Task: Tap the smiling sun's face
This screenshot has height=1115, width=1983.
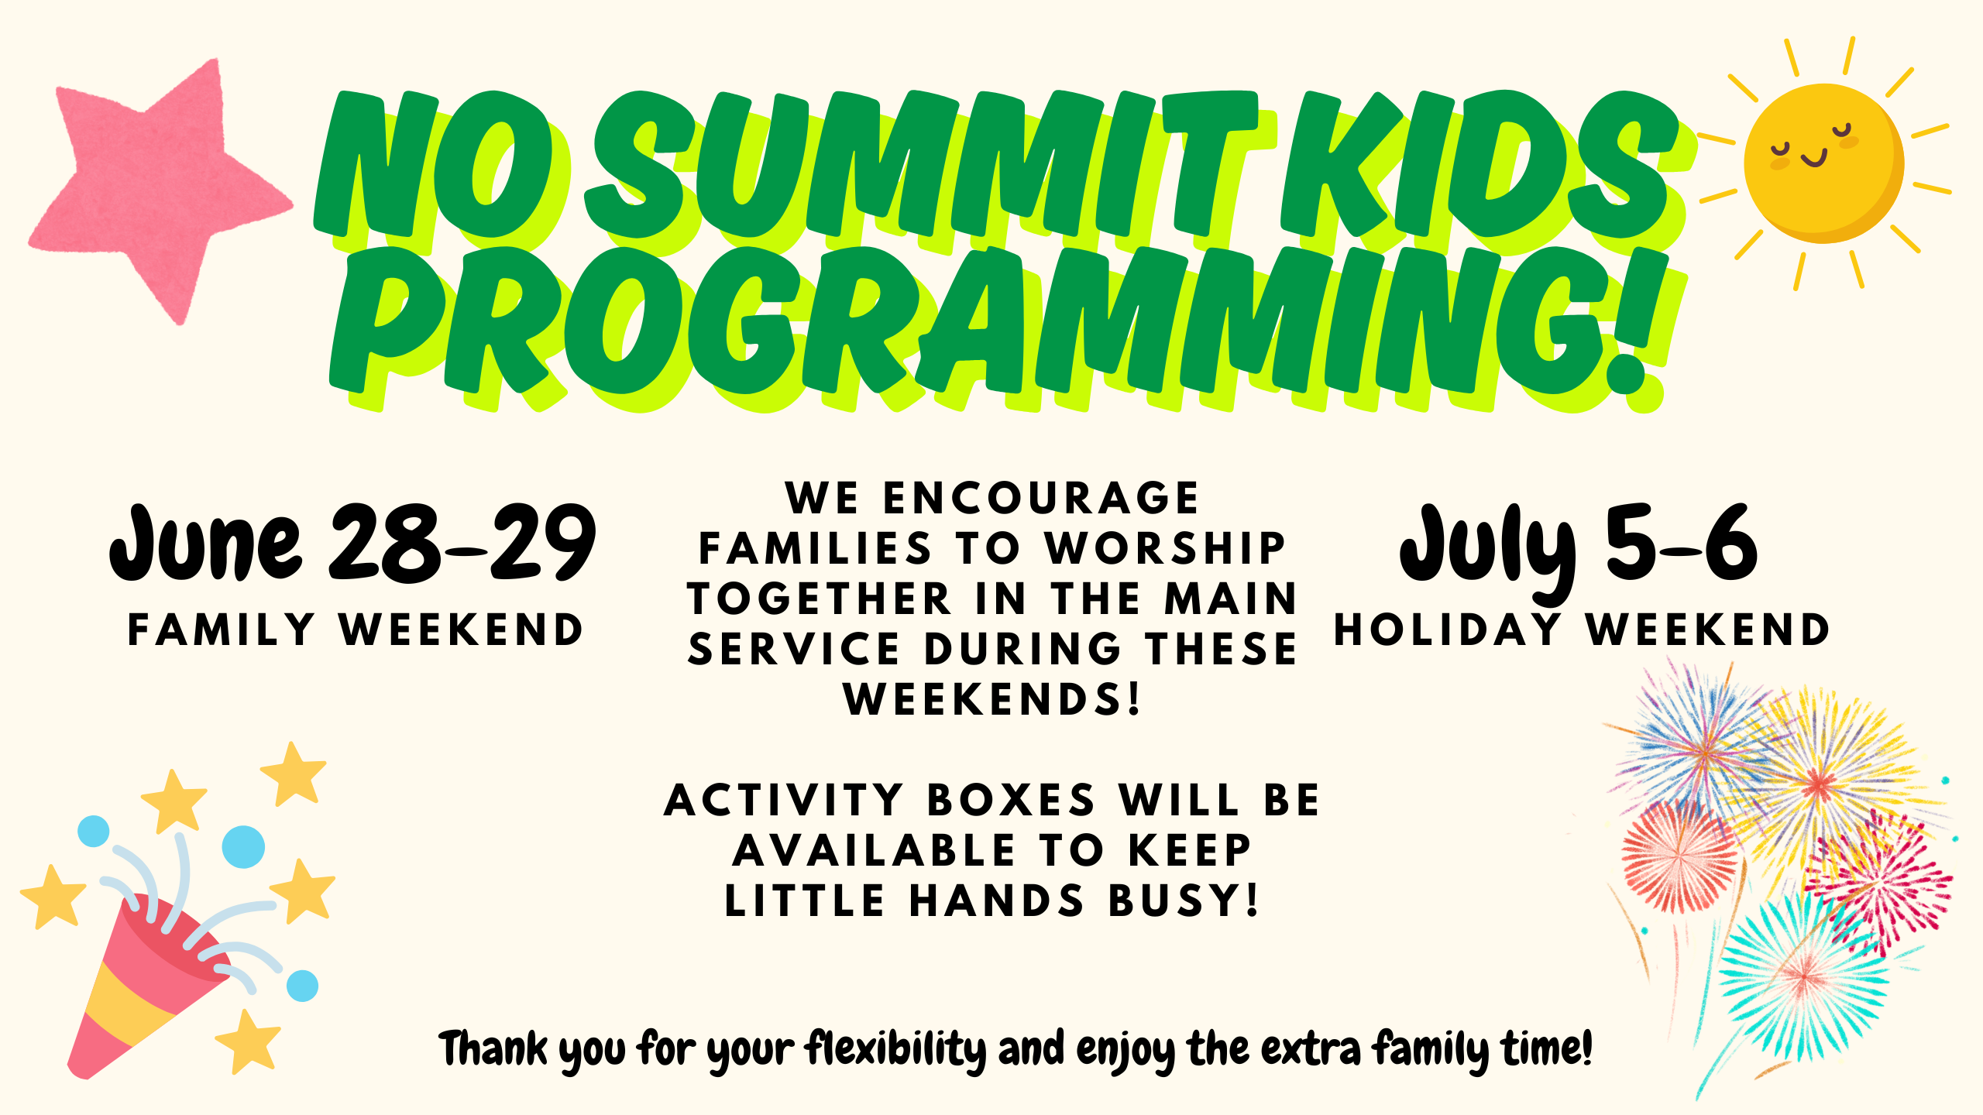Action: point(1823,163)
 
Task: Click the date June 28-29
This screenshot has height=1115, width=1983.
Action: point(353,543)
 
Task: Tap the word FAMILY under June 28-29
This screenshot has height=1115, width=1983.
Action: point(222,629)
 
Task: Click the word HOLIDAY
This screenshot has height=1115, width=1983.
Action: point(1447,629)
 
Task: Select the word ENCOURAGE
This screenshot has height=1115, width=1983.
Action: point(1041,497)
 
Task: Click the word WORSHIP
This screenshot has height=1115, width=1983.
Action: point(1166,548)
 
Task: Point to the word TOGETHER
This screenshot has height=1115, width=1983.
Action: point(820,599)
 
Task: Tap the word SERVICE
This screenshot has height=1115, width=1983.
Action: point(794,649)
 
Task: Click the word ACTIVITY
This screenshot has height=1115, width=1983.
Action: point(783,800)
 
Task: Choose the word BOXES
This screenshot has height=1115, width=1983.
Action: point(1011,800)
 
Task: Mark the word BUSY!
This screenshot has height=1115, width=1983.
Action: point(1184,900)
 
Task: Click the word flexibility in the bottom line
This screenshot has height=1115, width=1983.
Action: point(896,1049)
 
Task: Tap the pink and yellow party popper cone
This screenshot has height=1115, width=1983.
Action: point(147,987)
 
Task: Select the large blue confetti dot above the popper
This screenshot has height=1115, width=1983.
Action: point(243,846)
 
